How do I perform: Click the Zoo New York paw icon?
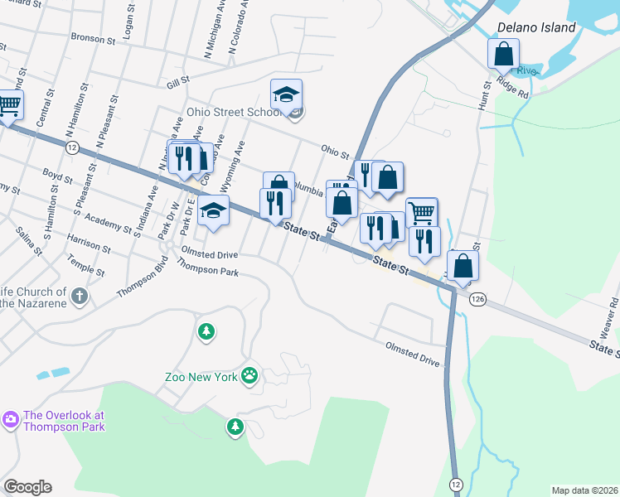pyautogui.click(x=249, y=377)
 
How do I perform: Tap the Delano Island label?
pyautogui.click(x=535, y=27)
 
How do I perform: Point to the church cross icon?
pyautogui.click(x=79, y=296)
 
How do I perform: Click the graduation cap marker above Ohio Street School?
pyautogui.click(x=286, y=95)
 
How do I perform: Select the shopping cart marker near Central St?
pyautogui.click(x=8, y=106)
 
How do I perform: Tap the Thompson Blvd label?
pyautogui.click(x=137, y=281)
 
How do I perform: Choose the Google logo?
pyautogui.click(x=27, y=486)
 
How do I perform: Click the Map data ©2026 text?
pyautogui.click(x=584, y=490)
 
